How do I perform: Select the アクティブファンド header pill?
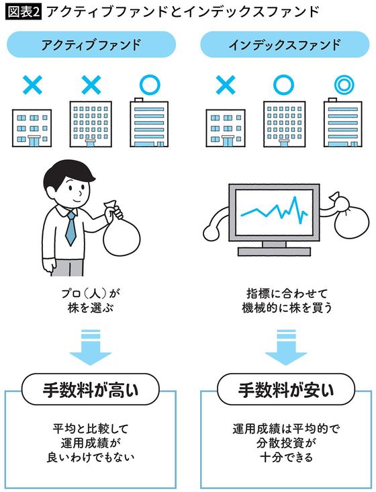(x=91, y=46)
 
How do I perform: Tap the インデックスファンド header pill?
(x=284, y=46)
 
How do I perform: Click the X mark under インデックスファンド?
(x=226, y=85)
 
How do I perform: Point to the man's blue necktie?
(x=70, y=228)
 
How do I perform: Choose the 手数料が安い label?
(x=285, y=389)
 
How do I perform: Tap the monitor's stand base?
(x=272, y=251)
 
